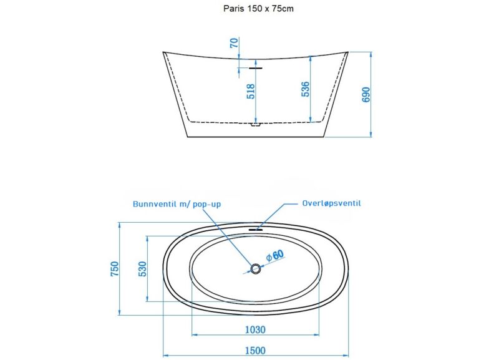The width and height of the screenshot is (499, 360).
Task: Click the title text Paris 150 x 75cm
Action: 258,9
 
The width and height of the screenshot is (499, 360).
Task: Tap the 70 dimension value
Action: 234,42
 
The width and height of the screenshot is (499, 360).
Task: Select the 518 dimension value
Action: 251,91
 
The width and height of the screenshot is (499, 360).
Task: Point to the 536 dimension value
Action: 305,89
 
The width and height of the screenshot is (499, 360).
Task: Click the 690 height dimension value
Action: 366,95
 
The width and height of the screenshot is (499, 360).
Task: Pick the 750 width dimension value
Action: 114,269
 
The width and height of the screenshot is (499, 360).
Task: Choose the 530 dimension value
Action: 143,269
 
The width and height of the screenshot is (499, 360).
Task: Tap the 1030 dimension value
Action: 255,329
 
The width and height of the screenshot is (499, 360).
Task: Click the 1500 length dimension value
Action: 255,351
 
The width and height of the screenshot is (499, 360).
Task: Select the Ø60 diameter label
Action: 274,255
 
